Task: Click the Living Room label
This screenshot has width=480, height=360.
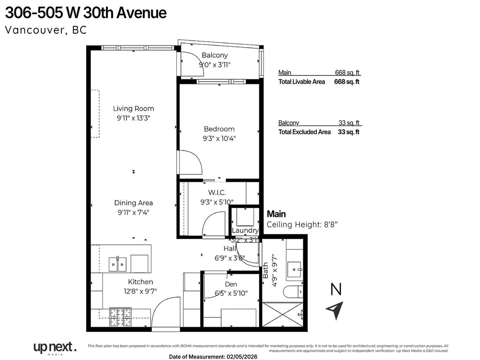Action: click(x=133, y=109)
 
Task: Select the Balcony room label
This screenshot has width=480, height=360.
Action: click(x=215, y=55)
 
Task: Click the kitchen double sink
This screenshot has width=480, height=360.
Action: click(x=118, y=264)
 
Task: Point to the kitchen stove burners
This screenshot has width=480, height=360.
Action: click(x=120, y=317)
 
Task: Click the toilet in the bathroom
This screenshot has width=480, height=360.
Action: click(x=293, y=291)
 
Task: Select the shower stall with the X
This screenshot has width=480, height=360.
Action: click(x=283, y=314)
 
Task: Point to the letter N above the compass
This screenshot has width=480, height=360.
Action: click(x=336, y=290)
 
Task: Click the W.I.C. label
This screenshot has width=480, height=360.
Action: click(x=217, y=193)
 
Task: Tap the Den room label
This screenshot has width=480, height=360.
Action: click(x=231, y=284)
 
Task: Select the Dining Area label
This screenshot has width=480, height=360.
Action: click(x=133, y=203)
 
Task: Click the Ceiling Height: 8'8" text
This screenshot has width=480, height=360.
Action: click(x=302, y=225)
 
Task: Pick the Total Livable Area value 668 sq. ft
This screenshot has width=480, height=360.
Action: click(x=346, y=82)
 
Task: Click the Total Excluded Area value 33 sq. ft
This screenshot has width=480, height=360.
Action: click(x=348, y=132)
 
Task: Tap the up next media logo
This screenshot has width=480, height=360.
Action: click(x=54, y=348)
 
